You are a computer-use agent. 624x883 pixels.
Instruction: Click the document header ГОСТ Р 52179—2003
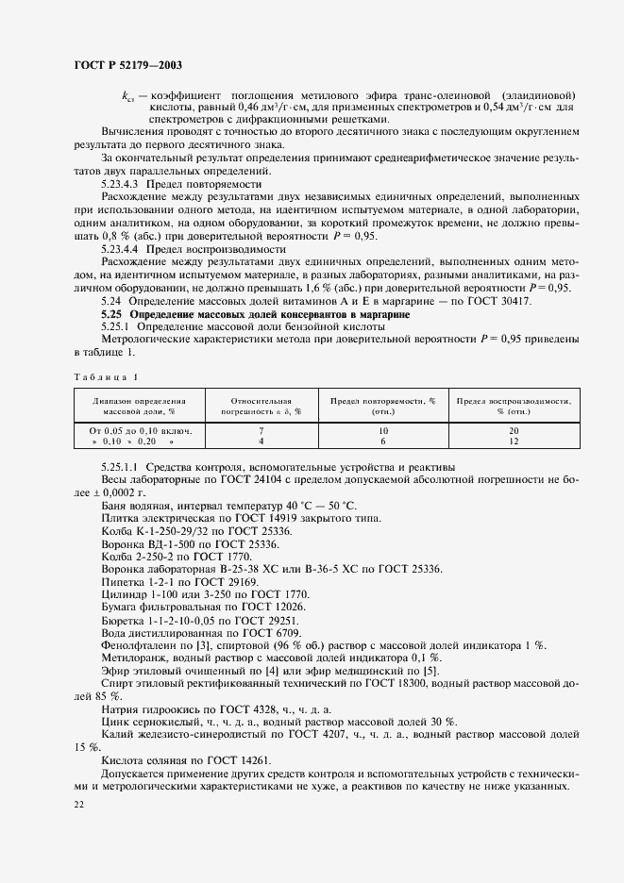[x=126, y=65]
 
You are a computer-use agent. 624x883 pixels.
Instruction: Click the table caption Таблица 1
[x=104, y=377]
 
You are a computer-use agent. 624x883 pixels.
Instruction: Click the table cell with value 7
[x=260, y=429]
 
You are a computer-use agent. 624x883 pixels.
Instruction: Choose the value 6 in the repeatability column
[x=382, y=441]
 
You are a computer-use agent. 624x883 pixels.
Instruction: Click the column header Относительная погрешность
[x=261, y=406]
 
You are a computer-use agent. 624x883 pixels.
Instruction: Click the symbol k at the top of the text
[x=126, y=96]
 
